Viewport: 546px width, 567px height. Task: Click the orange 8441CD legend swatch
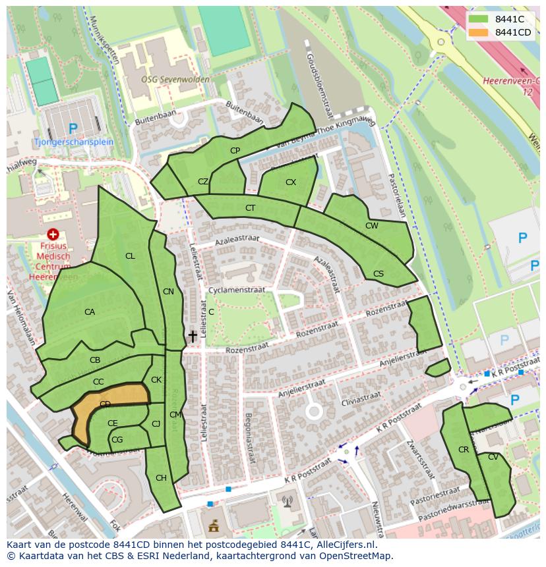point(479,32)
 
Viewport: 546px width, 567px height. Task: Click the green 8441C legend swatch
point(479,19)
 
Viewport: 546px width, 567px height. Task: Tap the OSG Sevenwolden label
point(175,79)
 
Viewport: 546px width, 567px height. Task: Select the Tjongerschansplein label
point(75,142)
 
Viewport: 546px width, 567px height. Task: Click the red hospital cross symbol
point(53,234)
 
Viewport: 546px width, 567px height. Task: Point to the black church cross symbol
point(193,337)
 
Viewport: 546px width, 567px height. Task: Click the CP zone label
point(235,151)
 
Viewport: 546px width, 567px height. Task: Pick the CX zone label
point(291,182)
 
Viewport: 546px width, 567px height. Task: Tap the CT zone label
point(250,208)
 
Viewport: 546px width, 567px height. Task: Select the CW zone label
point(372,226)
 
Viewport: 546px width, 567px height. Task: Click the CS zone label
point(379,273)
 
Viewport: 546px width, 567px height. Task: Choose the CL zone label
point(130,256)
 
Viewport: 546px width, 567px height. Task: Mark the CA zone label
point(90,312)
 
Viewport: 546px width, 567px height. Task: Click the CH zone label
point(161,478)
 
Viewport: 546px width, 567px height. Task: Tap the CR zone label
point(463,450)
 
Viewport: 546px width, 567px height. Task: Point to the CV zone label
point(493,457)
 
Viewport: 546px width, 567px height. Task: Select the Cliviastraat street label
point(361,397)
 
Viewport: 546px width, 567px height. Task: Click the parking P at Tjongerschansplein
point(73,128)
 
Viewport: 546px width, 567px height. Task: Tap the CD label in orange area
point(105,404)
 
